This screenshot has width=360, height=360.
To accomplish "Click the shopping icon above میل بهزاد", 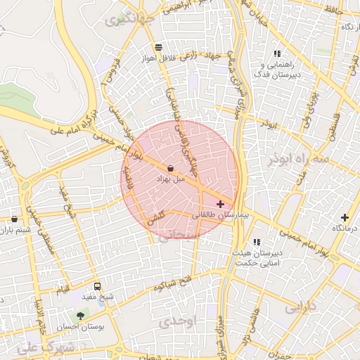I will coord(172,167).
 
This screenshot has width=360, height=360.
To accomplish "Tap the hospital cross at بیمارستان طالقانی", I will coord(221,203).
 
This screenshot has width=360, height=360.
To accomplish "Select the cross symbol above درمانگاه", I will coord(345,217).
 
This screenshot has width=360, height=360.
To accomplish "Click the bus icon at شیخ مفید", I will coord(97,286).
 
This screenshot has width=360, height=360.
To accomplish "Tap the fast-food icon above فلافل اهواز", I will coord(158,46).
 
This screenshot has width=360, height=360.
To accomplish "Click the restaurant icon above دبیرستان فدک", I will coord(277,53).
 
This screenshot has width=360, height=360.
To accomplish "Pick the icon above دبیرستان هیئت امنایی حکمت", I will coord(257,242).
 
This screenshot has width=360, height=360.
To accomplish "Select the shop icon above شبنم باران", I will coord(15,219).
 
